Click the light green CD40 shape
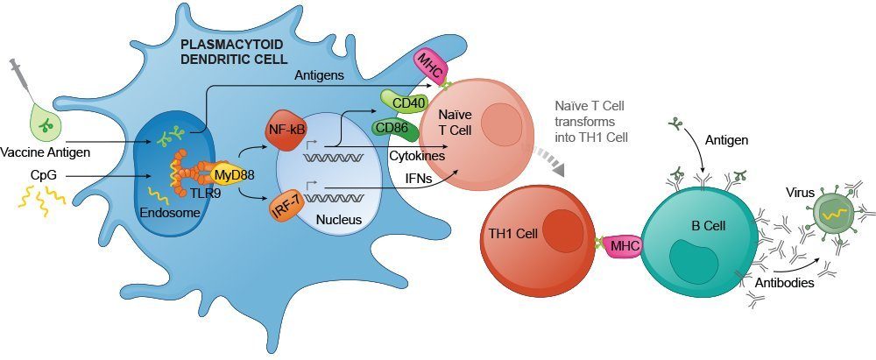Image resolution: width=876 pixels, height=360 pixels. click(x=403, y=102)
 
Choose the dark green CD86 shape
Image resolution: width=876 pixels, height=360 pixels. click(x=396, y=129)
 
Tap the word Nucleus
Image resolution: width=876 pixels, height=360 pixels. click(x=339, y=220)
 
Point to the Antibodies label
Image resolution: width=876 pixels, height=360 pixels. click(x=784, y=283)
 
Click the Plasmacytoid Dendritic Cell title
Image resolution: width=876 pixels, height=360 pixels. click(x=234, y=50)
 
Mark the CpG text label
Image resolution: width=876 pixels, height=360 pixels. click(x=43, y=175)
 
